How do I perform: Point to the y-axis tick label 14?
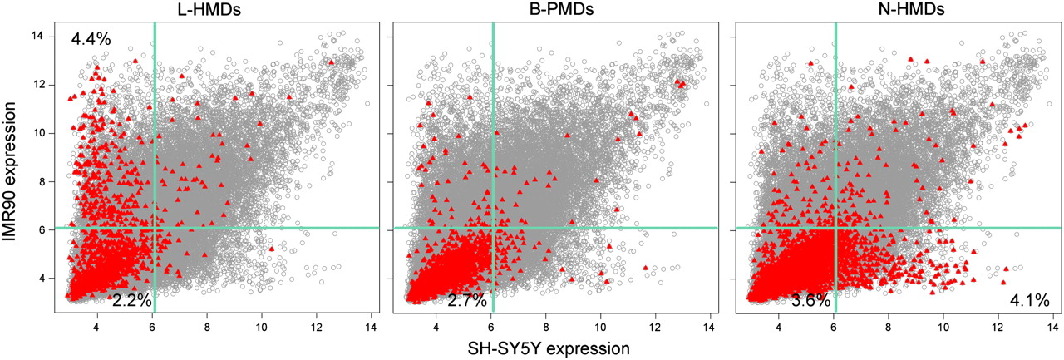click(x=37, y=37)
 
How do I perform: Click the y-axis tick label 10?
click(x=37, y=133)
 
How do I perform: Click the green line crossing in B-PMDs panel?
click(x=494, y=228)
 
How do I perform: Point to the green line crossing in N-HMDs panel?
click(x=835, y=228)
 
